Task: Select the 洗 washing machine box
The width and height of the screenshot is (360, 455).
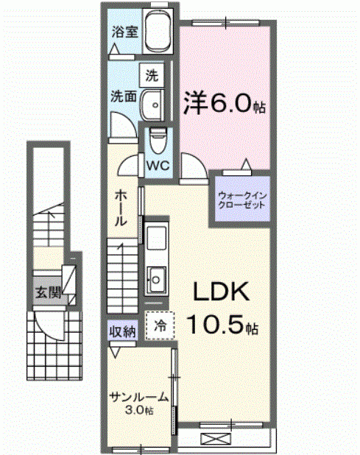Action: [151, 75]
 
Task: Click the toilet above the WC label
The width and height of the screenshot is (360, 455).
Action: [158, 138]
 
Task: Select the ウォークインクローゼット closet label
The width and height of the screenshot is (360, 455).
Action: [241, 200]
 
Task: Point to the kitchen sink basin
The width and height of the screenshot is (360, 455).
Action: [157, 278]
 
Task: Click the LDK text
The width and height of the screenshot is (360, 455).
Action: [221, 294]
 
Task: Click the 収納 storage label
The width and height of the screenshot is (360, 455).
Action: [123, 331]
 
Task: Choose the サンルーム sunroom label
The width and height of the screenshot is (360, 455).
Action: [139, 397]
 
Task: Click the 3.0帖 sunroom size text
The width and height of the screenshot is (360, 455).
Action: [139, 409]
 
